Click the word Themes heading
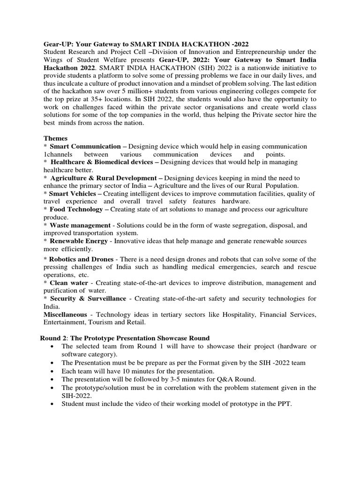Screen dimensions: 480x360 click(x=55, y=138)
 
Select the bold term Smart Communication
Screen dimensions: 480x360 click(x=85, y=146)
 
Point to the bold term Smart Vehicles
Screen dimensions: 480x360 click(x=72, y=193)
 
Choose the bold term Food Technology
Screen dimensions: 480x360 click(x=76, y=209)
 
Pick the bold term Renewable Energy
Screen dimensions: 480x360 click(x=79, y=240)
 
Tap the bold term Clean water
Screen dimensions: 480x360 click(x=68, y=283)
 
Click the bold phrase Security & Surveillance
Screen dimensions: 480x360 click(x=88, y=298)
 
